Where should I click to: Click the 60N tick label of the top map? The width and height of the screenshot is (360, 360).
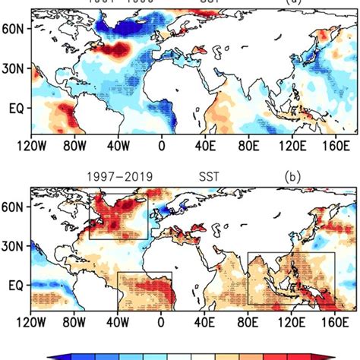point(15,30)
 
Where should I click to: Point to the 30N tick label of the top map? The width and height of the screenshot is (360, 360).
point(15,68)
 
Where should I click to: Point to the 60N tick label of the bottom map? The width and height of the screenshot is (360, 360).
point(15,205)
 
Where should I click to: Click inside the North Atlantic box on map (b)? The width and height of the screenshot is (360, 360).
point(118,216)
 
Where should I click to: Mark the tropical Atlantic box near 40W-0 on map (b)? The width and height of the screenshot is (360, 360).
point(144,289)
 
